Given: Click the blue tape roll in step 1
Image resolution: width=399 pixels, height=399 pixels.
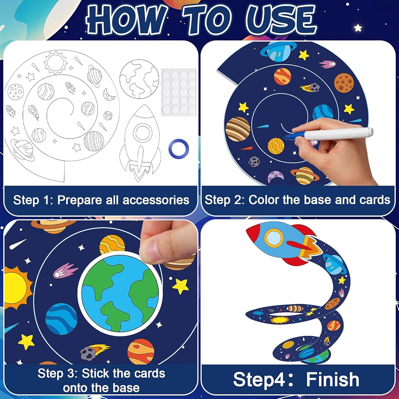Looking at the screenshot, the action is pos(179,148).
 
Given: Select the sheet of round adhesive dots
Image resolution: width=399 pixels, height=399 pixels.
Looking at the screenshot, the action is pos(179,92).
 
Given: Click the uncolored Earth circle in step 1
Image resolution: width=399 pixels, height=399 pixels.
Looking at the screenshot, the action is pos(139,79).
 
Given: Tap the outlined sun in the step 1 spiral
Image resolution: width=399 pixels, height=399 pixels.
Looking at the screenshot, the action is pos(55,63).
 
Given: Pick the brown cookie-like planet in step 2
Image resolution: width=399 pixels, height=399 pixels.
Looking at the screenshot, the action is pos(344,83).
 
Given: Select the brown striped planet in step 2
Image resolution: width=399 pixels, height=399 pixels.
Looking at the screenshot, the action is pos(238,129).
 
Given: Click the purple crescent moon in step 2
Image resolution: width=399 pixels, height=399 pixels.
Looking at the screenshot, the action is pos(276,176).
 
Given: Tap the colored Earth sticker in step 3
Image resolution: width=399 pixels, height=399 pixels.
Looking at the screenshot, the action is pos(120,294).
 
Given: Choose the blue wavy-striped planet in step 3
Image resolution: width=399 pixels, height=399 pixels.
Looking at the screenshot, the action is pos(61,318).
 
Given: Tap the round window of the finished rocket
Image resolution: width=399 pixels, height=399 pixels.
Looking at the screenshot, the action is pos(274,238).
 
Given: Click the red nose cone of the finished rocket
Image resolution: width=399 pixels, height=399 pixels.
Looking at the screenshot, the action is pos(255,233).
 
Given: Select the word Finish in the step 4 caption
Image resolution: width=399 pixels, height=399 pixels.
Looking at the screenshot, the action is pos(333,379).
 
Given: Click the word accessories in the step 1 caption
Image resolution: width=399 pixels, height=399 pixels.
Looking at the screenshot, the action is pos(156,200).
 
